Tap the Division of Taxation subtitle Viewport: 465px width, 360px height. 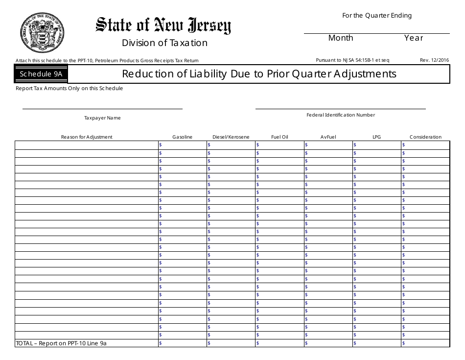164,43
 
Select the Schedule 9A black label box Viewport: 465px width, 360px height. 41,74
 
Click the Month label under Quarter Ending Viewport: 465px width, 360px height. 341,38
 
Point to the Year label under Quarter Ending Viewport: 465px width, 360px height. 414,38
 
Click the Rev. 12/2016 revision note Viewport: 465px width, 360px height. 434,60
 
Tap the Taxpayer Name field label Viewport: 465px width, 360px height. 102,118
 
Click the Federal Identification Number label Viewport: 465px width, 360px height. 341,115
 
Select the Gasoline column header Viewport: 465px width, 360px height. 182,137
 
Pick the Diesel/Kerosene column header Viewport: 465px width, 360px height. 231,137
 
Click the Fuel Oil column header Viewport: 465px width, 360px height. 279,137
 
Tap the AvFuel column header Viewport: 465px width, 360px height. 328,137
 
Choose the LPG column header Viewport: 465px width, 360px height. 376,137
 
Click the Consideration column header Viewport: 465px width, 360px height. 425,137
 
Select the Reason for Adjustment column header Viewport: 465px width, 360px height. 87,137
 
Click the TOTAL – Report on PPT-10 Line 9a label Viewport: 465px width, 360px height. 61,344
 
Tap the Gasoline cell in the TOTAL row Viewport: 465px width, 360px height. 183,344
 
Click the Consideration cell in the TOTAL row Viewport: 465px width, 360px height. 425,344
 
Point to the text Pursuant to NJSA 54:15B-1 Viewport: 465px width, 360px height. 353,60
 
